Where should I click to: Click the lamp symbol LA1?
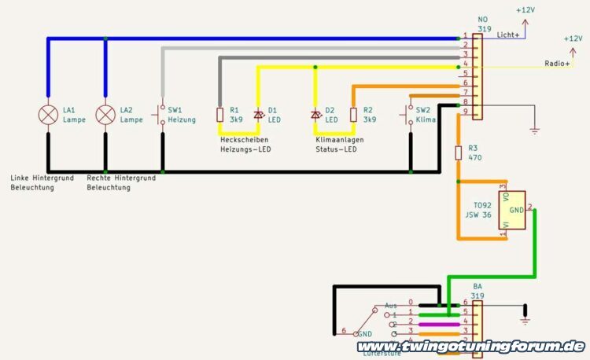[49, 115]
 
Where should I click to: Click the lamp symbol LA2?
[105, 115]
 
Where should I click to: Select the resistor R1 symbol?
[222, 115]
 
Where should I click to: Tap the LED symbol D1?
[258, 115]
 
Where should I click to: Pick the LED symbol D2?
[315, 115]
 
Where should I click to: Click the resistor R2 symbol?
[352, 115]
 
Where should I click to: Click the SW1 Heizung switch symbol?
[162, 115]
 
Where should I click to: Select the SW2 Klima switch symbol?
[410, 115]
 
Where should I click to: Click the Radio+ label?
[558, 64]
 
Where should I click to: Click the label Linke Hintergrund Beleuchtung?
[42, 183]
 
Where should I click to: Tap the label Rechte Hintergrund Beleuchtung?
[121, 183]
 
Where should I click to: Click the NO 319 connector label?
[483, 24]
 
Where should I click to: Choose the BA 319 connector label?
[478, 291]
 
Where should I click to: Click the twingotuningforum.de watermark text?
[470, 346]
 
